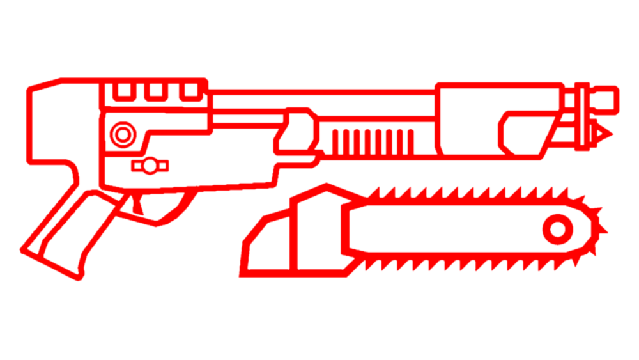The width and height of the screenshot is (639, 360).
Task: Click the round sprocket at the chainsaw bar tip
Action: pos(558,229)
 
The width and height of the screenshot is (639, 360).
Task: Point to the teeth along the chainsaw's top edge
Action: pos(460,192)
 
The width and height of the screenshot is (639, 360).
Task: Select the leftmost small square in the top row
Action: pos(122,94)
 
